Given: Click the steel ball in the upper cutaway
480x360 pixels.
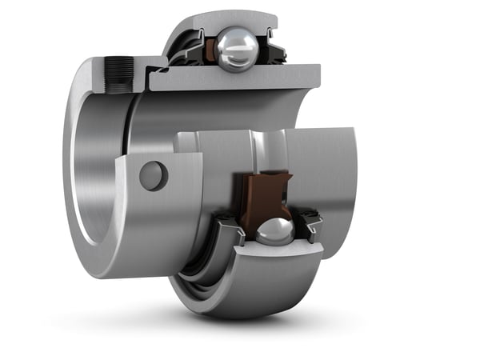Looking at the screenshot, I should pos(237,49).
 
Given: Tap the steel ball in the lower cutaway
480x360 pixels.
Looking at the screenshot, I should pos(274,231).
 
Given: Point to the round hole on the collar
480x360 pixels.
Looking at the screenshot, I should pos(153,175).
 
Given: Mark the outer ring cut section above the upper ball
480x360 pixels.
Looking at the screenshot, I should pos(232,21).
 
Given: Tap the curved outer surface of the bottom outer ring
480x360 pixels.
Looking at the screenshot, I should pos(240,296).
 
